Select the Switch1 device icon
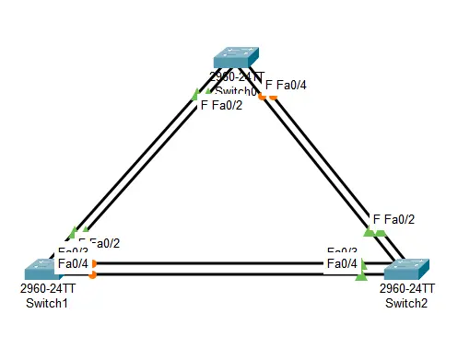pyautogui.click(x=43, y=269)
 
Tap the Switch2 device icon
pyautogui.click(x=406, y=270)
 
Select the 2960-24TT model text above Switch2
pyautogui.click(x=406, y=288)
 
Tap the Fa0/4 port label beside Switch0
pyautogui.click(x=291, y=86)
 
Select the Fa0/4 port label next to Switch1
pyautogui.click(x=74, y=264)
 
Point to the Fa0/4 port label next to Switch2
pyautogui.click(x=343, y=264)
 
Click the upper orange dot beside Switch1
pyautogui.click(x=94, y=264)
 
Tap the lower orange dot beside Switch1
pyautogui.click(x=94, y=274)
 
